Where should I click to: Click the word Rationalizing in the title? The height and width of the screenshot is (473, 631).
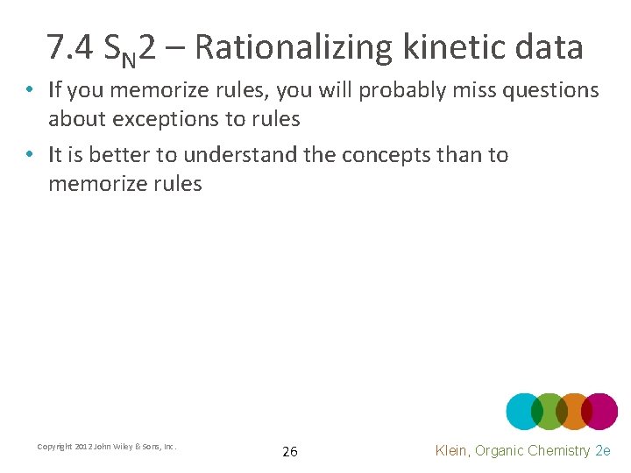point(294,47)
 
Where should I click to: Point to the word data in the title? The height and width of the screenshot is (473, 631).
point(547,47)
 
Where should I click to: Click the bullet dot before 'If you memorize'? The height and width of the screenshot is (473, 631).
point(30,91)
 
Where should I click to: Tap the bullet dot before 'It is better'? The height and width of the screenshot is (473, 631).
point(30,156)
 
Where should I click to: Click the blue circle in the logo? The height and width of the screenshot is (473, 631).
point(523,411)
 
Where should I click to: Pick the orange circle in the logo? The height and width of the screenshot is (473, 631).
point(574,411)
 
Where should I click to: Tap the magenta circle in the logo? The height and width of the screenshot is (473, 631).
point(601,411)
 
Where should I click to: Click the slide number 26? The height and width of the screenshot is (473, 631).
point(290,452)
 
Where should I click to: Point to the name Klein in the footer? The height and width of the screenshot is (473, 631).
point(454,450)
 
